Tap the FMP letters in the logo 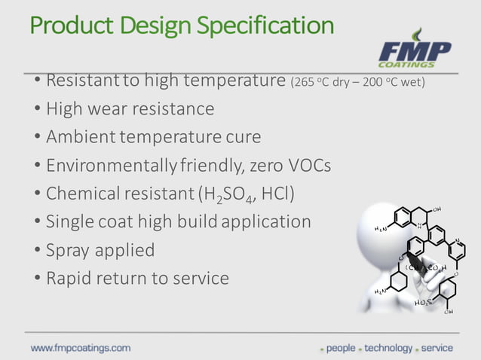(x=414, y=52)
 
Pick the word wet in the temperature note (x=411, y=81)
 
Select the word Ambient (x=78, y=137)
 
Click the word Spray (x=69, y=250)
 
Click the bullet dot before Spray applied (x=37, y=250)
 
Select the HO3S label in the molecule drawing (x=423, y=303)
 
